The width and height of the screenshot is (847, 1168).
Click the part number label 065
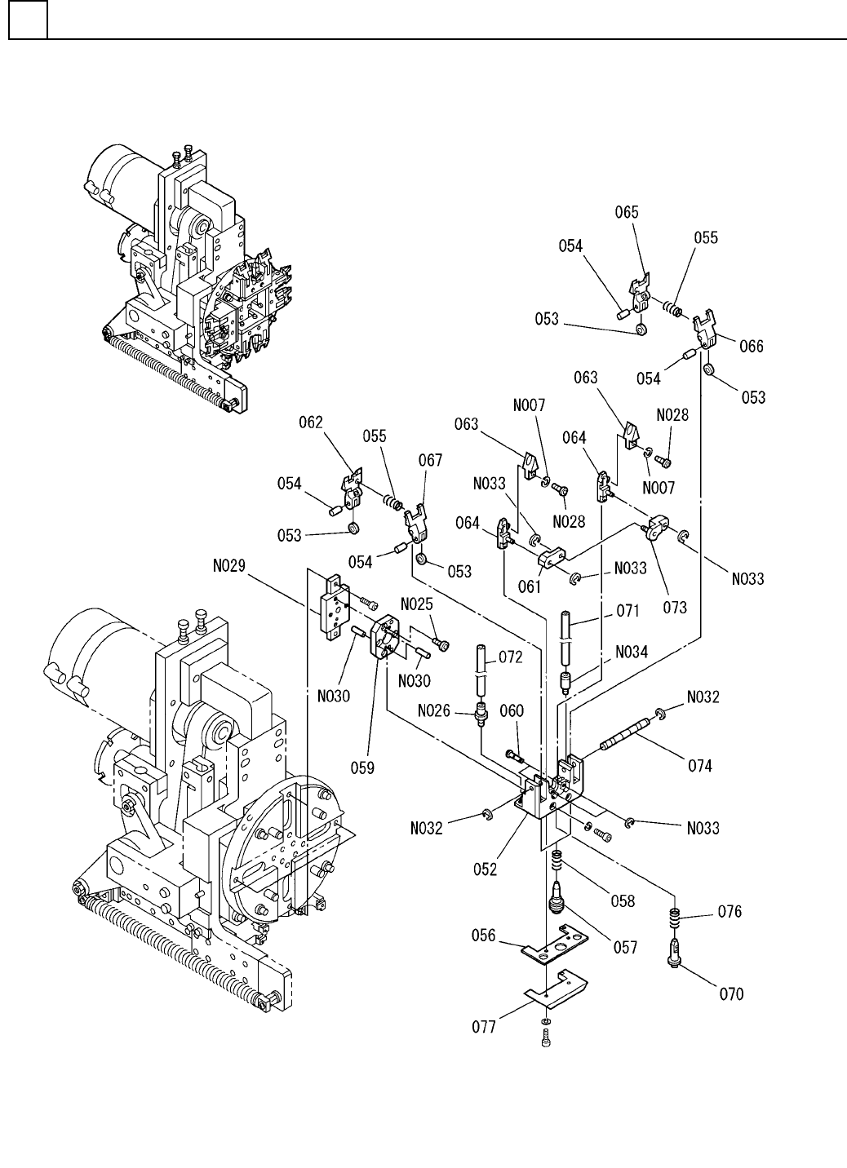[x=627, y=212]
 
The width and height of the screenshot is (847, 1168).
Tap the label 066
[x=751, y=346]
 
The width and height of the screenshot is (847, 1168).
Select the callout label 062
[x=311, y=422]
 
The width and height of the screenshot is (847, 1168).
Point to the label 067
[x=430, y=460]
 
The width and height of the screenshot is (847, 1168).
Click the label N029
[x=229, y=566]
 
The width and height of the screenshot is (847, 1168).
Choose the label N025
[x=417, y=604]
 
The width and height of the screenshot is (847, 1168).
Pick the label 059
[x=362, y=768]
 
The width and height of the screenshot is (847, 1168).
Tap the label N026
[x=434, y=710]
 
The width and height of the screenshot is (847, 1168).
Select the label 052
[x=486, y=869]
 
